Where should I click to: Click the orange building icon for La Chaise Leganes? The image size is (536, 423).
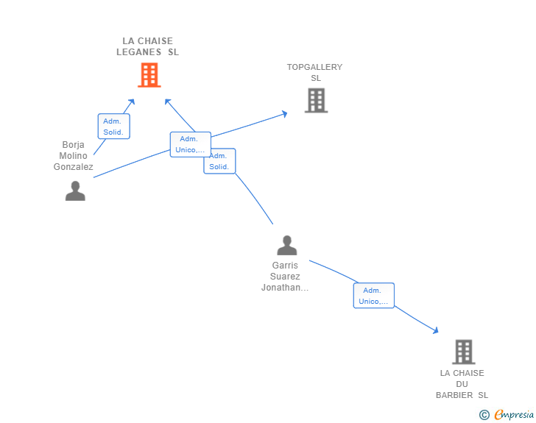click(149, 74)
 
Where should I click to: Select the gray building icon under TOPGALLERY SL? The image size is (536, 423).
click(316, 100)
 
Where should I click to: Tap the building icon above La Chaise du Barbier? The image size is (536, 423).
click(463, 352)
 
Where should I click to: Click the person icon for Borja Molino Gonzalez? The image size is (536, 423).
click(75, 191)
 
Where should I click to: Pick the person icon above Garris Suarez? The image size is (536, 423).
click(286, 245)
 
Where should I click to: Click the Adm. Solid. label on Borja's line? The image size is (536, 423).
click(113, 127)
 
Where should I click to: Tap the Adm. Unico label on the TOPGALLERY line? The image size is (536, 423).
click(190, 144)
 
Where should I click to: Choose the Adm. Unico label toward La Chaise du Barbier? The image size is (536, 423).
click(374, 296)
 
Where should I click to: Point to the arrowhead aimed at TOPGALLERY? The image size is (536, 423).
click(284, 113)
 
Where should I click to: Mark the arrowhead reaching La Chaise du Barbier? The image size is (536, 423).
click(435, 331)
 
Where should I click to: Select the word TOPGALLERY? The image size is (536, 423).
click(314, 67)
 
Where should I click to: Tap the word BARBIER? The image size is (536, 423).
click(454, 395)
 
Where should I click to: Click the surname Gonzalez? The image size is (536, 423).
click(74, 167)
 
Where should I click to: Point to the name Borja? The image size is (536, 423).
click(74, 144)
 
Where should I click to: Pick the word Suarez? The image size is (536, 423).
click(285, 277)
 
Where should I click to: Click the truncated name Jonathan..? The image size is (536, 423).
click(284, 288)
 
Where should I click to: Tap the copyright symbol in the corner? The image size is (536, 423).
click(484, 415)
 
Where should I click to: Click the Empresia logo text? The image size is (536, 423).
click(514, 414)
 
